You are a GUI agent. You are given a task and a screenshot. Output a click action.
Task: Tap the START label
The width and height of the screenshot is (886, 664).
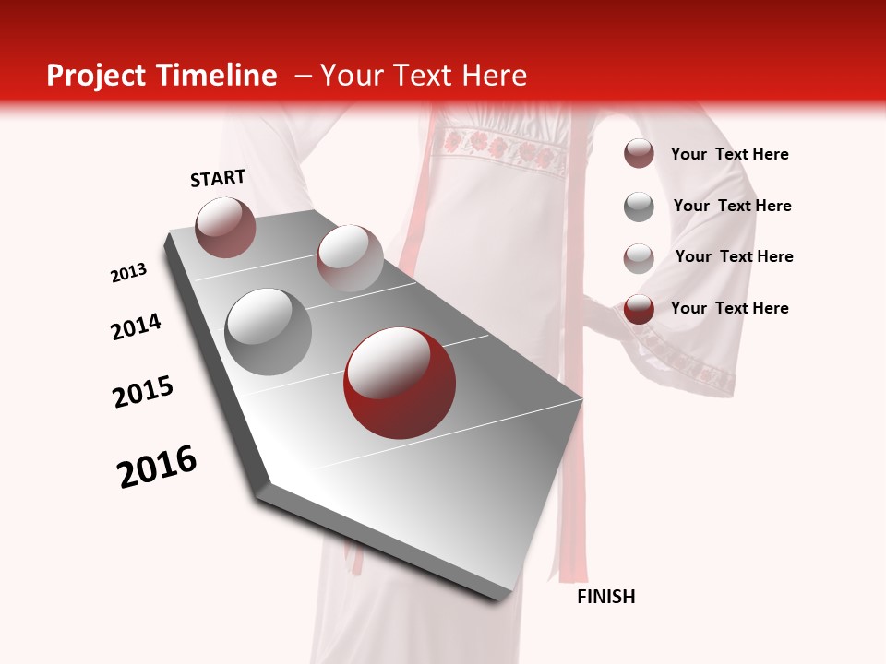pyautogui.click(x=218, y=178)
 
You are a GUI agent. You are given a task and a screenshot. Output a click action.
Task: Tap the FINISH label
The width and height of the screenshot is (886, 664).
pyautogui.click(x=606, y=597)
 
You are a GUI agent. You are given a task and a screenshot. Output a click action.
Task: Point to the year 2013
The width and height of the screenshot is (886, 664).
pyautogui.click(x=129, y=273)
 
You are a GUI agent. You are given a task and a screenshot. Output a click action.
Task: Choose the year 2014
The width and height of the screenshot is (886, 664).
pyautogui.click(x=137, y=327)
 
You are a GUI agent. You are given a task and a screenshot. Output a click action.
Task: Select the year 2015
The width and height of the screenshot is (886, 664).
pyautogui.click(x=143, y=392)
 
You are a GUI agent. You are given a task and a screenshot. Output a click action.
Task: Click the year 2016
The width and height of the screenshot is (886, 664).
pyautogui.click(x=157, y=467)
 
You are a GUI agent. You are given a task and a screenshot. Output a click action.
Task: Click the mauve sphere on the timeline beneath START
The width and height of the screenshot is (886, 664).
pyautogui.click(x=225, y=227)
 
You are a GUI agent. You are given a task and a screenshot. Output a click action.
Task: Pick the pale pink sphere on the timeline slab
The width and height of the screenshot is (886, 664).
pyautogui.click(x=350, y=258)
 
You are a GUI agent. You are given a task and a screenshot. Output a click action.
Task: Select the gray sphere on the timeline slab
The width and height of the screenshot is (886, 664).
pyautogui.click(x=269, y=332)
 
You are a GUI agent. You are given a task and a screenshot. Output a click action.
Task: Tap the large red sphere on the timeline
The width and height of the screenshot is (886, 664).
pyautogui.click(x=400, y=383)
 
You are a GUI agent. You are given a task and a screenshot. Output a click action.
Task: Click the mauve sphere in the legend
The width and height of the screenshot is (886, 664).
pyautogui.click(x=639, y=154)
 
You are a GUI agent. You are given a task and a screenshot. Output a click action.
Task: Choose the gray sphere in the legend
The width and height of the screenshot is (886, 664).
pyautogui.click(x=639, y=207)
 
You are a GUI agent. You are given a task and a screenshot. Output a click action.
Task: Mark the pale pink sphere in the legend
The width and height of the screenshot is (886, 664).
pyautogui.click(x=639, y=258)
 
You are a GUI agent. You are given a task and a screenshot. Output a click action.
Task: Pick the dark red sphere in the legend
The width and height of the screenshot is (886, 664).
pyautogui.click(x=639, y=309)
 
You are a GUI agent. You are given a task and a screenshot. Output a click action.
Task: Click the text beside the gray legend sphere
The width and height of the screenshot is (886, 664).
pyautogui.click(x=732, y=206)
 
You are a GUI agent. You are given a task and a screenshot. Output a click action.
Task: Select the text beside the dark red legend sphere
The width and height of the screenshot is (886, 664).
pyautogui.click(x=729, y=308)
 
